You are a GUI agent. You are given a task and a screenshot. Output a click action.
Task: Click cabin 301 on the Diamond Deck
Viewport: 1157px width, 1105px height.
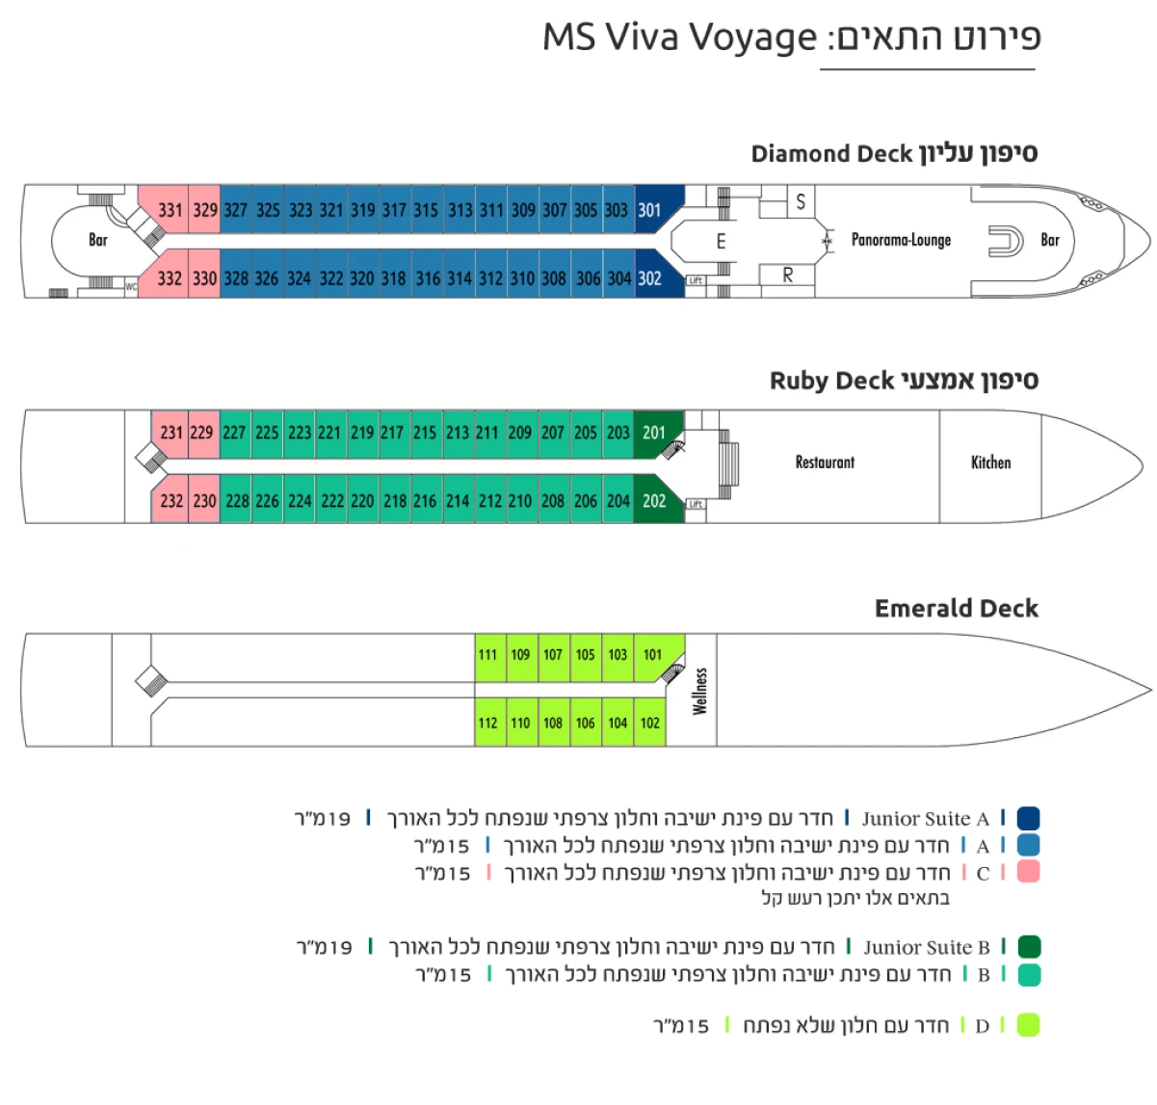click(x=650, y=210)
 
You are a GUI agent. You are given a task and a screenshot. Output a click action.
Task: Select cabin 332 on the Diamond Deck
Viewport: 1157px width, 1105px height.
click(x=170, y=278)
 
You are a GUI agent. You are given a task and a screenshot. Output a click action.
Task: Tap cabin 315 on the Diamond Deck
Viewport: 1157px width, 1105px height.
click(x=426, y=210)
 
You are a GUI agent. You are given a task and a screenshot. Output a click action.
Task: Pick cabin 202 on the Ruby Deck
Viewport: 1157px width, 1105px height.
click(x=654, y=501)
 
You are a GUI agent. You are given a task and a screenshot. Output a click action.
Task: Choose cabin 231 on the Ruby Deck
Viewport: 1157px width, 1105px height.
click(x=171, y=433)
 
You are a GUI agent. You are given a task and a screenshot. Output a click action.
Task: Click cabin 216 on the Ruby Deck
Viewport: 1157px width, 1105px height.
click(x=425, y=501)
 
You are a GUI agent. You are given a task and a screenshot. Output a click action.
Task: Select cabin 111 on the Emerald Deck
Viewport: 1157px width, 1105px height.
click(x=488, y=655)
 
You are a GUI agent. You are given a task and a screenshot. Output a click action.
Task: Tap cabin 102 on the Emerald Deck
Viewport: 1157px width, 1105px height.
click(x=650, y=723)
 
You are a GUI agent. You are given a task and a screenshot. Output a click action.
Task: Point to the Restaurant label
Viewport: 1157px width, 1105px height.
click(x=825, y=462)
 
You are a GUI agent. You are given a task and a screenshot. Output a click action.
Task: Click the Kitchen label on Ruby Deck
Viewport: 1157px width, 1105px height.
click(x=990, y=462)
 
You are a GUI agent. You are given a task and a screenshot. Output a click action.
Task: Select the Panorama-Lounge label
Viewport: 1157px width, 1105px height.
click(x=901, y=240)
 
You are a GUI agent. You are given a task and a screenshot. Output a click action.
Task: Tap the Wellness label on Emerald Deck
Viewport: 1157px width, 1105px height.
click(x=700, y=691)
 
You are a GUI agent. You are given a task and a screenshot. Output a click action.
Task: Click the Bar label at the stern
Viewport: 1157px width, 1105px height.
click(x=98, y=240)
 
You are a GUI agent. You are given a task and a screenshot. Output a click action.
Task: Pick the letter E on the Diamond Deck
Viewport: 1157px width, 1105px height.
click(x=721, y=242)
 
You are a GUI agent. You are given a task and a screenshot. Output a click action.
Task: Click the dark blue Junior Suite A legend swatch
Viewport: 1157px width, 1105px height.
click(x=1028, y=819)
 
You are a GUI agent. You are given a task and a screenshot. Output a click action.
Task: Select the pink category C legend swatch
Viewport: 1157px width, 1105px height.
click(x=1028, y=872)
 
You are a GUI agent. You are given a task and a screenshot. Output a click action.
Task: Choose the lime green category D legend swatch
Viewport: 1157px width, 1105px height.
click(x=1028, y=1025)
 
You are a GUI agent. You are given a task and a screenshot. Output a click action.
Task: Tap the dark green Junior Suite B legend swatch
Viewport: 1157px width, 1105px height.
click(x=1028, y=947)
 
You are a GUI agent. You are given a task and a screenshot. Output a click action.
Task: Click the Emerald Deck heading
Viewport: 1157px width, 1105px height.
click(x=956, y=609)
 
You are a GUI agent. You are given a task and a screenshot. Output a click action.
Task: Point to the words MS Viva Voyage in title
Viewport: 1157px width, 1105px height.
click(x=679, y=38)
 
